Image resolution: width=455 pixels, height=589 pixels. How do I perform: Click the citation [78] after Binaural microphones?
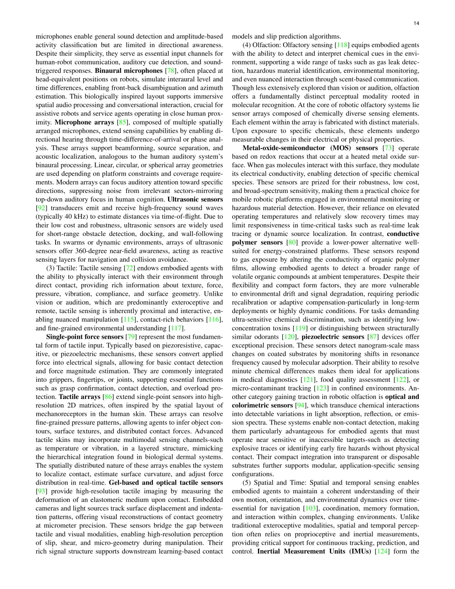coord(171,71)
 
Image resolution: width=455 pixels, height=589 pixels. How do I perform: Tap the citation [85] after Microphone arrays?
coord(123,122)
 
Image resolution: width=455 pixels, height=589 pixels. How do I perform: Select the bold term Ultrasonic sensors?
coord(195,199)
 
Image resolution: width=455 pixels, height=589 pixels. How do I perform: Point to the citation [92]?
coord(41,208)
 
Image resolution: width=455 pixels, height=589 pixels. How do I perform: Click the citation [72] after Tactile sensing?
coord(129,268)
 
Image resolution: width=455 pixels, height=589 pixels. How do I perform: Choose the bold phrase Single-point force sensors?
coord(85,337)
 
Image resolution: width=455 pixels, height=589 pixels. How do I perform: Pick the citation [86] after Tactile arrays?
coord(108,397)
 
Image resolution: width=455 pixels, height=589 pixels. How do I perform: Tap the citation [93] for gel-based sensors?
coord(41,491)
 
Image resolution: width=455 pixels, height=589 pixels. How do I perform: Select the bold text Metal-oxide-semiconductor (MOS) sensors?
coord(310,148)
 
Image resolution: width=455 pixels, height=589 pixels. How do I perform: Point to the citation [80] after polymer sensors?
coord(292,242)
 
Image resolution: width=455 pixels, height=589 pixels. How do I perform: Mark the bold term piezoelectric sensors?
coord(333,337)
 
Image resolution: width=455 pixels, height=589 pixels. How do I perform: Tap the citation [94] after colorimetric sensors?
coord(301,405)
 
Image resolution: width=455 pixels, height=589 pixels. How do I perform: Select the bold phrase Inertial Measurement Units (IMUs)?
coord(314,552)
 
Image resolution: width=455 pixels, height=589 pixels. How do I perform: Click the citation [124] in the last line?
coord(382,552)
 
